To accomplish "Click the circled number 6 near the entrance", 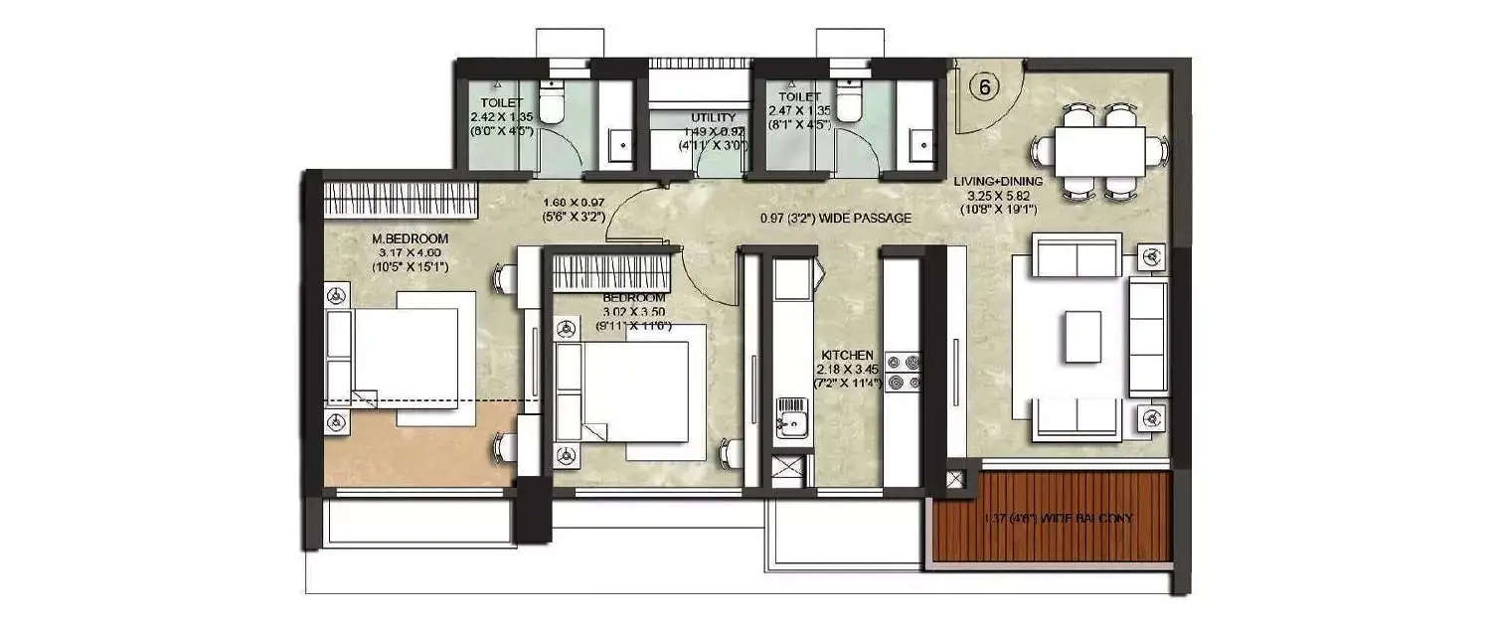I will tap(985, 86).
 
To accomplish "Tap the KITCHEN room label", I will tap(847, 355).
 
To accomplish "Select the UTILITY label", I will tap(713, 118).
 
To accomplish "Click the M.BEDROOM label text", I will tap(411, 239).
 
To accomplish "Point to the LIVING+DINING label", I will tap(997, 182).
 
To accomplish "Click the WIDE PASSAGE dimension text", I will tap(835, 219).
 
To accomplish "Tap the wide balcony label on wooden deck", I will tap(1057, 519).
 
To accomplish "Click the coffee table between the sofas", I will tap(1081, 337).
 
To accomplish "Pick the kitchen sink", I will tap(791, 418).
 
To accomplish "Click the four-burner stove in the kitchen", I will tap(904, 371).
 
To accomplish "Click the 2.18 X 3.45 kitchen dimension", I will tap(847, 369).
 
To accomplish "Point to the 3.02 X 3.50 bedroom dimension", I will tap(632, 312).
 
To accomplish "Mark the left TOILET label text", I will tap(502, 103).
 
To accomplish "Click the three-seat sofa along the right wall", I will tap(1148, 337).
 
